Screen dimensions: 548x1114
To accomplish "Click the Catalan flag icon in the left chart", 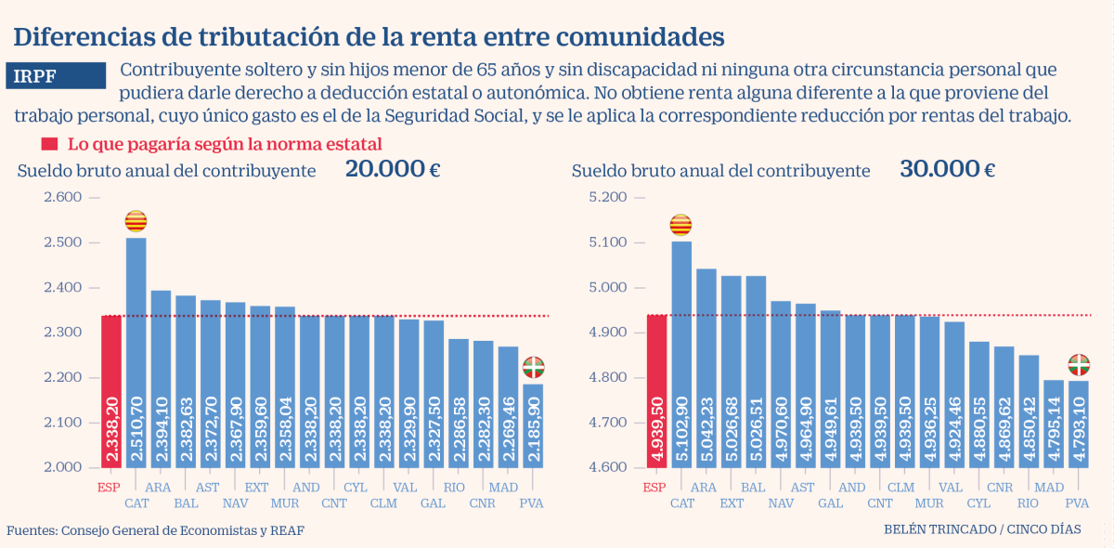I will click(x=136, y=221).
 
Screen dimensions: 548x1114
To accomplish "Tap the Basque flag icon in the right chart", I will click(x=1078, y=363).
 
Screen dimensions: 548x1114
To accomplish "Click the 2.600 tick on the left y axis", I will click(x=63, y=197).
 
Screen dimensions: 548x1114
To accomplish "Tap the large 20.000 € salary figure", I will click(x=393, y=169).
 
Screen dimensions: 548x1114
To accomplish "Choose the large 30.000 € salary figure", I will click(x=947, y=169).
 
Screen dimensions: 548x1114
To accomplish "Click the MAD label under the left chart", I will click(x=503, y=487).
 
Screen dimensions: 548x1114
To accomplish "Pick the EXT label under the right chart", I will click(x=732, y=503).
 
